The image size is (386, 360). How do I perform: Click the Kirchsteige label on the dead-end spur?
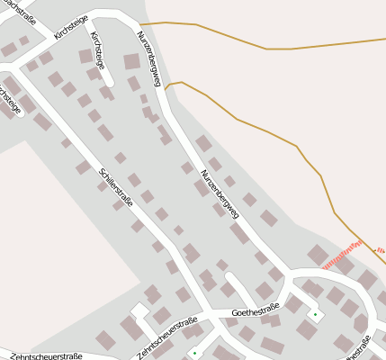(97, 51)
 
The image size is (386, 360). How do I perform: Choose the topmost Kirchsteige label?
(73, 23)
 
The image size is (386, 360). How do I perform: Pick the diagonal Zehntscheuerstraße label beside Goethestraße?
(168, 337)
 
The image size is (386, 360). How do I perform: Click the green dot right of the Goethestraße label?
(315, 314)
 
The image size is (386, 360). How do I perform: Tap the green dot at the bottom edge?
(194, 353)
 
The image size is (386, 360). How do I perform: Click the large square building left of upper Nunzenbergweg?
(131, 61)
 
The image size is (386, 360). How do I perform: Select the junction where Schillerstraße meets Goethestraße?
(205, 316)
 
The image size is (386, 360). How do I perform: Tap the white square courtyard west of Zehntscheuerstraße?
(139, 310)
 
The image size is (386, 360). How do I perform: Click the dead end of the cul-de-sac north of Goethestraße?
(229, 277)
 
